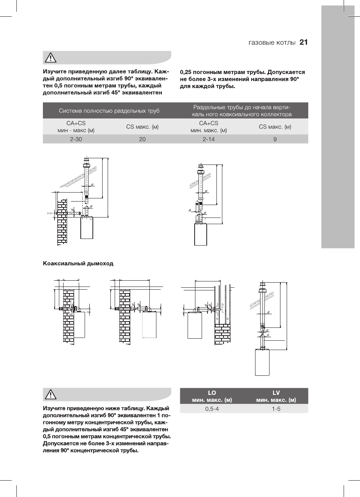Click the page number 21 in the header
[x=303, y=42]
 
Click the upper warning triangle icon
[x=51, y=58]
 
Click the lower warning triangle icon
[x=51, y=394]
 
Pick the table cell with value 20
[x=142, y=139]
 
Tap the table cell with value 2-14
[x=208, y=139]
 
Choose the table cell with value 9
[x=275, y=139]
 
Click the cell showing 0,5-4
[x=212, y=409]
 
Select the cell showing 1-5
[x=276, y=409]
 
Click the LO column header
[x=212, y=393]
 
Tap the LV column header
[x=276, y=393]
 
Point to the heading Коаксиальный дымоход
[x=78, y=264]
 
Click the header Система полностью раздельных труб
[x=109, y=111]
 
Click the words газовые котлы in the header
[x=272, y=43]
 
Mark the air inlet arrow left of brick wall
[x=50, y=214]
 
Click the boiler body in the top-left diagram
[x=87, y=228]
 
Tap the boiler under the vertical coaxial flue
[x=262, y=362]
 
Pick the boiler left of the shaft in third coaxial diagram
[x=196, y=325]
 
